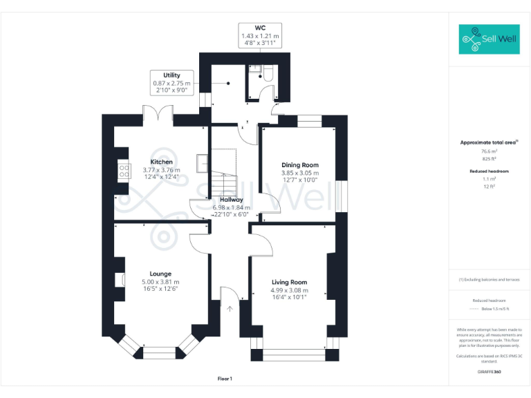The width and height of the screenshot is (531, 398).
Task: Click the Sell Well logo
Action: (x=489, y=39)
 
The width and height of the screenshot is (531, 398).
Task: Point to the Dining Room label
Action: (x=300, y=164)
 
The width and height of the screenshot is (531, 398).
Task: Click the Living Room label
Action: (x=289, y=282)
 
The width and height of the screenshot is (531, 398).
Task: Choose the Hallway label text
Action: (x=231, y=200)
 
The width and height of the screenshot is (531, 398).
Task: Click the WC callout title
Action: (x=260, y=28)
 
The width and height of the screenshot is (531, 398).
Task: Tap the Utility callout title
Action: (x=171, y=75)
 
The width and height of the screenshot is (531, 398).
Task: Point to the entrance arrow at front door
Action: (x=230, y=308)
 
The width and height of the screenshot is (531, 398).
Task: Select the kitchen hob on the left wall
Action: (x=124, y=170)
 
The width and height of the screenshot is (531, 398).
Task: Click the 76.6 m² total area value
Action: (x=489, y=151)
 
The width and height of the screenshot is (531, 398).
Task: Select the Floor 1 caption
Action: (x=225, y=379)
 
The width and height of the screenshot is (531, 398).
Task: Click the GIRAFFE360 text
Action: (x=489, y=372)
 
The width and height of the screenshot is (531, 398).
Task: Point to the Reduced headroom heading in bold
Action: (x=489, y=170)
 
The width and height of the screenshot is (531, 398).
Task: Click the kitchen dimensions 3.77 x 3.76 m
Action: (x=161, y=170)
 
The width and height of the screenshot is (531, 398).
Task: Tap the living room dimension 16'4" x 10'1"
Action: (x=289, y=298)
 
